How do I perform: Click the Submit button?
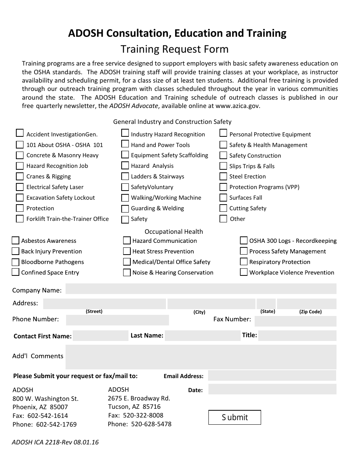(x=235, y=417)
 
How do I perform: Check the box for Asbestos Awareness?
(x=16, y=241)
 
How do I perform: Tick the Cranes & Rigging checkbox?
(x=20, y=176)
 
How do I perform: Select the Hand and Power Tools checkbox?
(x=125, y=144)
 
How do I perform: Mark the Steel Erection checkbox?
(x=223, y=176)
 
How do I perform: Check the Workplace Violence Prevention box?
(x=244, y=272)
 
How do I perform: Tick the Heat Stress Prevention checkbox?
(x=127, y=251)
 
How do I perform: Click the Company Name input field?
(x=201, y=289)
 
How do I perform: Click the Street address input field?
(x=105, y=303)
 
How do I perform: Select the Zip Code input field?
(x=306, y=303)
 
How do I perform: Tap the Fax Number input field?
(x=295, y=321)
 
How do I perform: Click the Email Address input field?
(x=272, y=375)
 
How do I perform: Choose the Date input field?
(x=272, y=389)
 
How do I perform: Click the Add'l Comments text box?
(x=201, y=357)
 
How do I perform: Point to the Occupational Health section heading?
(x=174, y=231)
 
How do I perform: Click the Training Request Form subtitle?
(x=174, y=49)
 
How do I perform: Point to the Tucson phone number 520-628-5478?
(x=151, y=424)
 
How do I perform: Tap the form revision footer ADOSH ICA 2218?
(x=55, y=442)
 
